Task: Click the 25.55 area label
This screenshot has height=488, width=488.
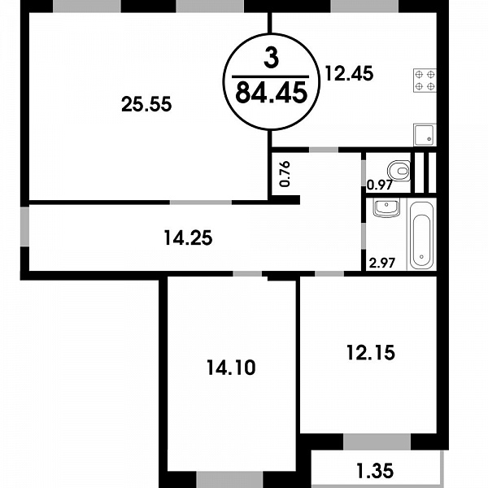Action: point(146,104)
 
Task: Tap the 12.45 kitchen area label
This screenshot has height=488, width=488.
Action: point(349,74)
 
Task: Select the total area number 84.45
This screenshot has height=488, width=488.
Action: point(272,93)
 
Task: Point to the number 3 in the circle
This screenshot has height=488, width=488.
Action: point(272,59)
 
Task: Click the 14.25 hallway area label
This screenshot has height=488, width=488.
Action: point(188,237)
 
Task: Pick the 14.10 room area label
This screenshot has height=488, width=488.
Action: point(231,368)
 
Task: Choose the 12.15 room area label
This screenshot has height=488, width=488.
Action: point(371,353)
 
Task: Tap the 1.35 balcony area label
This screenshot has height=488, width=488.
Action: point(375,471)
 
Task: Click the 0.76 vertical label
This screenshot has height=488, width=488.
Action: point(285,174)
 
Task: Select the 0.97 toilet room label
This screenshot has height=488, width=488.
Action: point(379,185)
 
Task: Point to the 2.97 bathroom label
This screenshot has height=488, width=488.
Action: point(382,263)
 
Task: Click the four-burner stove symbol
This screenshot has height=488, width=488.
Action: point(425,81)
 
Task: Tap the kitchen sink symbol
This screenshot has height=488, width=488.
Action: point(425,135)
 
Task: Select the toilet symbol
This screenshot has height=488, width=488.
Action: point(399,170)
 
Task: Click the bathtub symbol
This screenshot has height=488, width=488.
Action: point(421,235)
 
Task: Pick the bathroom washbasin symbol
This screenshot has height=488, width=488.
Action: point(386,208)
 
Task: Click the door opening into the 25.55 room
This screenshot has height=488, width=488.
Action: point(201,203)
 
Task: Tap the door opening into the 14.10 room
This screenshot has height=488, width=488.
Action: point(247,273)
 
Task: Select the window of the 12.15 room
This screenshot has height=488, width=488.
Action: point(377,442)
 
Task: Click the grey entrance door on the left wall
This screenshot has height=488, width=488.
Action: point(24,226)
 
